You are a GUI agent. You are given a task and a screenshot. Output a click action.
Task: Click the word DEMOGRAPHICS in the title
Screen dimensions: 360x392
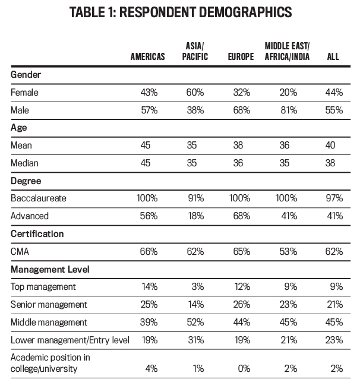245,12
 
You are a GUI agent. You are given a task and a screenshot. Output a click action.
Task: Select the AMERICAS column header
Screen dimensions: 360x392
148,56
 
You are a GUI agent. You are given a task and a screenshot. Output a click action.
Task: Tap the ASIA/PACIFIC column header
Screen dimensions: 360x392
195,51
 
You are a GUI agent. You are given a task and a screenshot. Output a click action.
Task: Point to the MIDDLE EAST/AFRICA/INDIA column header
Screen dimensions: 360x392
287,51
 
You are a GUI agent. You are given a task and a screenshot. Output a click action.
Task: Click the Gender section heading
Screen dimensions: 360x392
26,74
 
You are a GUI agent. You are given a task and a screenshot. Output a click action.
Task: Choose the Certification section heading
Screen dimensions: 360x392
37,234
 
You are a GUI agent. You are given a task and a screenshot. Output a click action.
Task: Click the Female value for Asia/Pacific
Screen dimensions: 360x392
195,92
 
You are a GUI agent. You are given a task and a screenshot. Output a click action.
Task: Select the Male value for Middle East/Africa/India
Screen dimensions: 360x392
289,110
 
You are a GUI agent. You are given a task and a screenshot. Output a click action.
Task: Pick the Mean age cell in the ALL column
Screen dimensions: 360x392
330,146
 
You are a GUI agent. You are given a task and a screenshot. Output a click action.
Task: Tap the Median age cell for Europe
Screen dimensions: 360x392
238,163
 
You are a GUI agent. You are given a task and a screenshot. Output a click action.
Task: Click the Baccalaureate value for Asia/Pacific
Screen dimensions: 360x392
196,198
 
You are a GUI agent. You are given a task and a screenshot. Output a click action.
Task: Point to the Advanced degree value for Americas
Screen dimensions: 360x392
149,216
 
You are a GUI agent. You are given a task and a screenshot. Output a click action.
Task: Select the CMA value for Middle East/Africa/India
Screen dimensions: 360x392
288,251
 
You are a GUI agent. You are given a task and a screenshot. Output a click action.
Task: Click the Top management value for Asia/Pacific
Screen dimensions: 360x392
198,286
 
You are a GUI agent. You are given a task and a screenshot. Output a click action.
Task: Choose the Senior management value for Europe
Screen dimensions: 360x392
242,304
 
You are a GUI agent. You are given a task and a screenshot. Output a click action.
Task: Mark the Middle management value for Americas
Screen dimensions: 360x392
149,322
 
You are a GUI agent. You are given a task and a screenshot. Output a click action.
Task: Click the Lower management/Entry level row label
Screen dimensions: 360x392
70,340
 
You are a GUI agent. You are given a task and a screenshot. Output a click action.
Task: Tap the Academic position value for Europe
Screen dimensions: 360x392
244,368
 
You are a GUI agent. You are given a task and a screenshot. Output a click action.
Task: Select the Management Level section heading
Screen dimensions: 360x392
50,269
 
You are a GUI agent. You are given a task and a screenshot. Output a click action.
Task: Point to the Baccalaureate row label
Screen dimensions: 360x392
39,198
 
